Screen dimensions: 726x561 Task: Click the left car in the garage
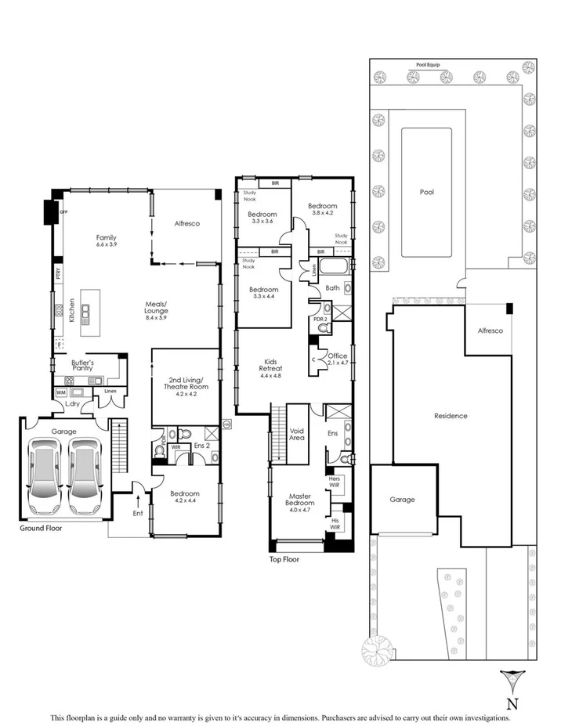(44, 475)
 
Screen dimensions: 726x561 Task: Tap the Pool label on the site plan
(426, 192)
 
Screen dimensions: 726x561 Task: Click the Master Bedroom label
(300, 500)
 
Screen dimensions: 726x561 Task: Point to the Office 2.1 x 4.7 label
(337, 359)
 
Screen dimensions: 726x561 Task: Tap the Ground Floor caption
(42, 529)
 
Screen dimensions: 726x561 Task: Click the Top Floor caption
(284, 559)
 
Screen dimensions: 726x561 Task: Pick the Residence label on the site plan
(451, 416)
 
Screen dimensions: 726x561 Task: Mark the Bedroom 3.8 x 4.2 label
(322, 210)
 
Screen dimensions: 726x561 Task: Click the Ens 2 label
(203, 447)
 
